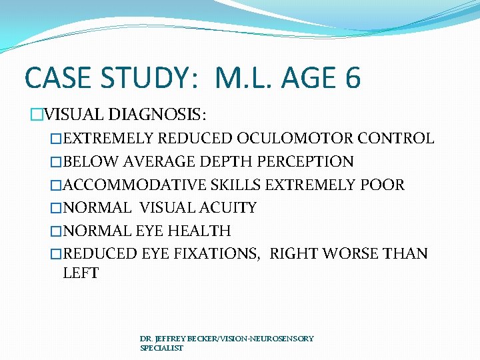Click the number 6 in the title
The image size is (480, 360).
point(353,78)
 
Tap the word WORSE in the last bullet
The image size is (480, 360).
point(352,254)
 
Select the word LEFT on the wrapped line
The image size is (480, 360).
point(81,273)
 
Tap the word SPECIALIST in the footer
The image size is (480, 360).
point(161,348)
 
